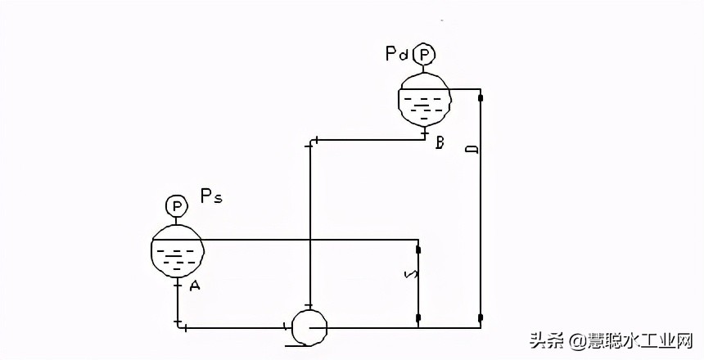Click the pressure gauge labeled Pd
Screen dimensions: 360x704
[x=423, y=55]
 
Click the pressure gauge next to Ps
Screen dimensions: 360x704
[x=176, y=205]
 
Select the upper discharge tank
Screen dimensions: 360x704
[x=423, y=98]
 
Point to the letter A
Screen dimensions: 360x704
[x=194, y=286]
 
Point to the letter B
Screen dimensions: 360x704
[x=440, y=143]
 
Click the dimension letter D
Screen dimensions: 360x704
[x=471, y=150]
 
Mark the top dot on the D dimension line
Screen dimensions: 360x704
[x=481, y=98]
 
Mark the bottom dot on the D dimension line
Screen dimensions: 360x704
[x=481, y=317]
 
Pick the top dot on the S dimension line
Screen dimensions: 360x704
[x=418, y=250]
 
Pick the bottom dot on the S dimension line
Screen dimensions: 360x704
[x=418, y=317]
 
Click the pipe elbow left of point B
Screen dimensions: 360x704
[x=310, y=142]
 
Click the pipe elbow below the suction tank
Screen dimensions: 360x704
[x=178, y=326]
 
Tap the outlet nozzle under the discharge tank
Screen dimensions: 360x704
[x=423, y=131]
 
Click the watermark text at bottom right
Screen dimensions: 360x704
[x=610, y=340]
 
